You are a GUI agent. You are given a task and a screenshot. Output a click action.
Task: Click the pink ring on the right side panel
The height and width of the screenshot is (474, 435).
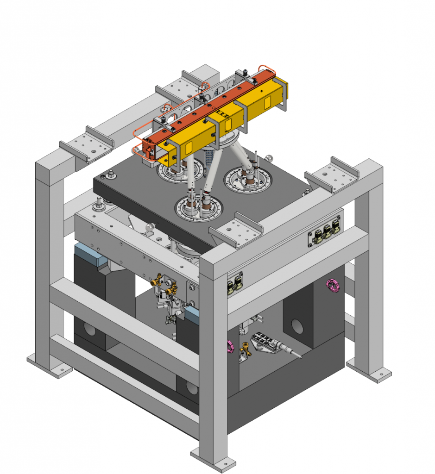(x=333, y=286)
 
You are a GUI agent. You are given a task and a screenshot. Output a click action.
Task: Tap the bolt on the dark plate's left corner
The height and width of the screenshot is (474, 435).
(x=111, y=175)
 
